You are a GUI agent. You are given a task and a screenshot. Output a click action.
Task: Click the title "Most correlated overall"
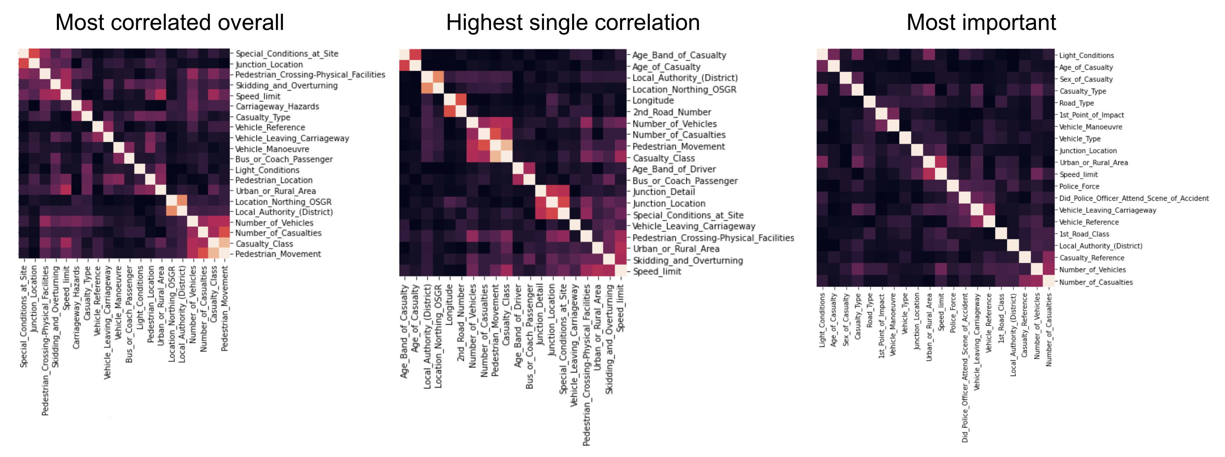(169, 23)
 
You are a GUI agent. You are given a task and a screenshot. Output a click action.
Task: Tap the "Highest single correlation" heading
(573, 23)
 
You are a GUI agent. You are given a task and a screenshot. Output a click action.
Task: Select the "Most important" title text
(981, 23)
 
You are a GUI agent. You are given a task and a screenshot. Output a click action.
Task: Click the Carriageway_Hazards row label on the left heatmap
(277, 107)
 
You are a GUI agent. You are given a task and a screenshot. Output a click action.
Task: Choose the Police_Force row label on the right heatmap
(1079, 186)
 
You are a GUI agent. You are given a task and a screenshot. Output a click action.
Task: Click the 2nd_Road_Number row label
(671, 112)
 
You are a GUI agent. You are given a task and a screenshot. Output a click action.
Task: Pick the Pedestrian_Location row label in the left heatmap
(274, 181)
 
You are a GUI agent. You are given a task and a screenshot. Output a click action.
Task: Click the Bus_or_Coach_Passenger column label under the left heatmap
(129, 314)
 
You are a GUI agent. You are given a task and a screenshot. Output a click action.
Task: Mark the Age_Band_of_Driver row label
(674, 169)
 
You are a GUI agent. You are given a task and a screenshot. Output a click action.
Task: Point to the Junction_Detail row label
(663, 192)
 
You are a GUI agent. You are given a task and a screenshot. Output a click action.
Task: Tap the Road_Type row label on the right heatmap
(1076, 103)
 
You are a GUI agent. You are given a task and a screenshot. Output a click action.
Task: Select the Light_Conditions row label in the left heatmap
(267, 170)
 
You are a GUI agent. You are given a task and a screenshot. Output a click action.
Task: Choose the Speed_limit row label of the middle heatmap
(656, 271)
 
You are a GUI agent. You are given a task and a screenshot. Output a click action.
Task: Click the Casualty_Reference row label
(1091, 258)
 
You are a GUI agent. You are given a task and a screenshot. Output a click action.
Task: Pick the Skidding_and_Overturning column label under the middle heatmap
(609, 339)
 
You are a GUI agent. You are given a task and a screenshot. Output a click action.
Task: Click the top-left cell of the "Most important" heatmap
(822, 54)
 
